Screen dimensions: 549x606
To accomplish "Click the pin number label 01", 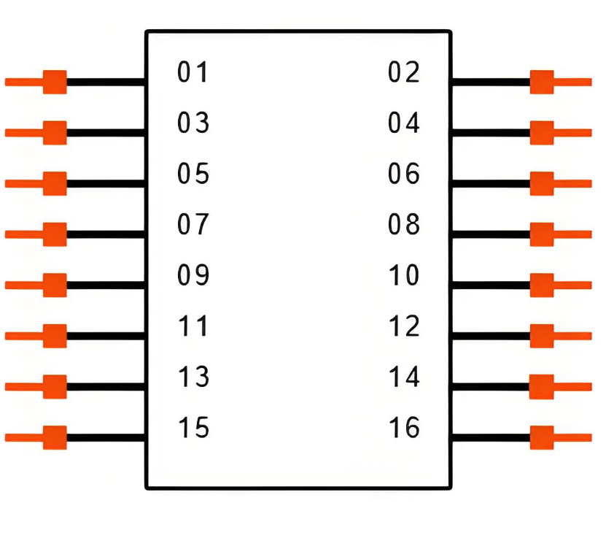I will tap(193, 73).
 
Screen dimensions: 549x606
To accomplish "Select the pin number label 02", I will tap(404, 73).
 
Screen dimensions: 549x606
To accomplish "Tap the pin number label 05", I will tap(193, 174).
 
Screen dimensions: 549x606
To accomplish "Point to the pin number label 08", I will tap(404, 225).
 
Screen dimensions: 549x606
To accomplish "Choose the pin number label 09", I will tap(193, 276).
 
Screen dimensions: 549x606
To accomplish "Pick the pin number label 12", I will tap(404, 327).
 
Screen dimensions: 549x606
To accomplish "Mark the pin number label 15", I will tap(193, 428).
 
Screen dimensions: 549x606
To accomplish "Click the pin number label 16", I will tap(404, 428).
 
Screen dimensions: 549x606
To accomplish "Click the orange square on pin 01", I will tap(55, 82).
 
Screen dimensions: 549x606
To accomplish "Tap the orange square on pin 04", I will tap(542, 133).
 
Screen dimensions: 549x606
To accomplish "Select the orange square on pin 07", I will tap(55, 234).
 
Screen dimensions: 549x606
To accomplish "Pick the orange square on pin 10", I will tap(542, 285).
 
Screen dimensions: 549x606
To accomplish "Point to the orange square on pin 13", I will tap(55, 386).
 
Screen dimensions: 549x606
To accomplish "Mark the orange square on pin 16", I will tap(542, 437).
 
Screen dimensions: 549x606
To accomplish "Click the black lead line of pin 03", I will tap(106, 133).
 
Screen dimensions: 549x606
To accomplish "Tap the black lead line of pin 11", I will tap(106, 336).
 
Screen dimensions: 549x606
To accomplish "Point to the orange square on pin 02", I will tap(542, 82).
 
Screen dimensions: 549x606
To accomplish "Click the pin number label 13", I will tap(193, 377).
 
